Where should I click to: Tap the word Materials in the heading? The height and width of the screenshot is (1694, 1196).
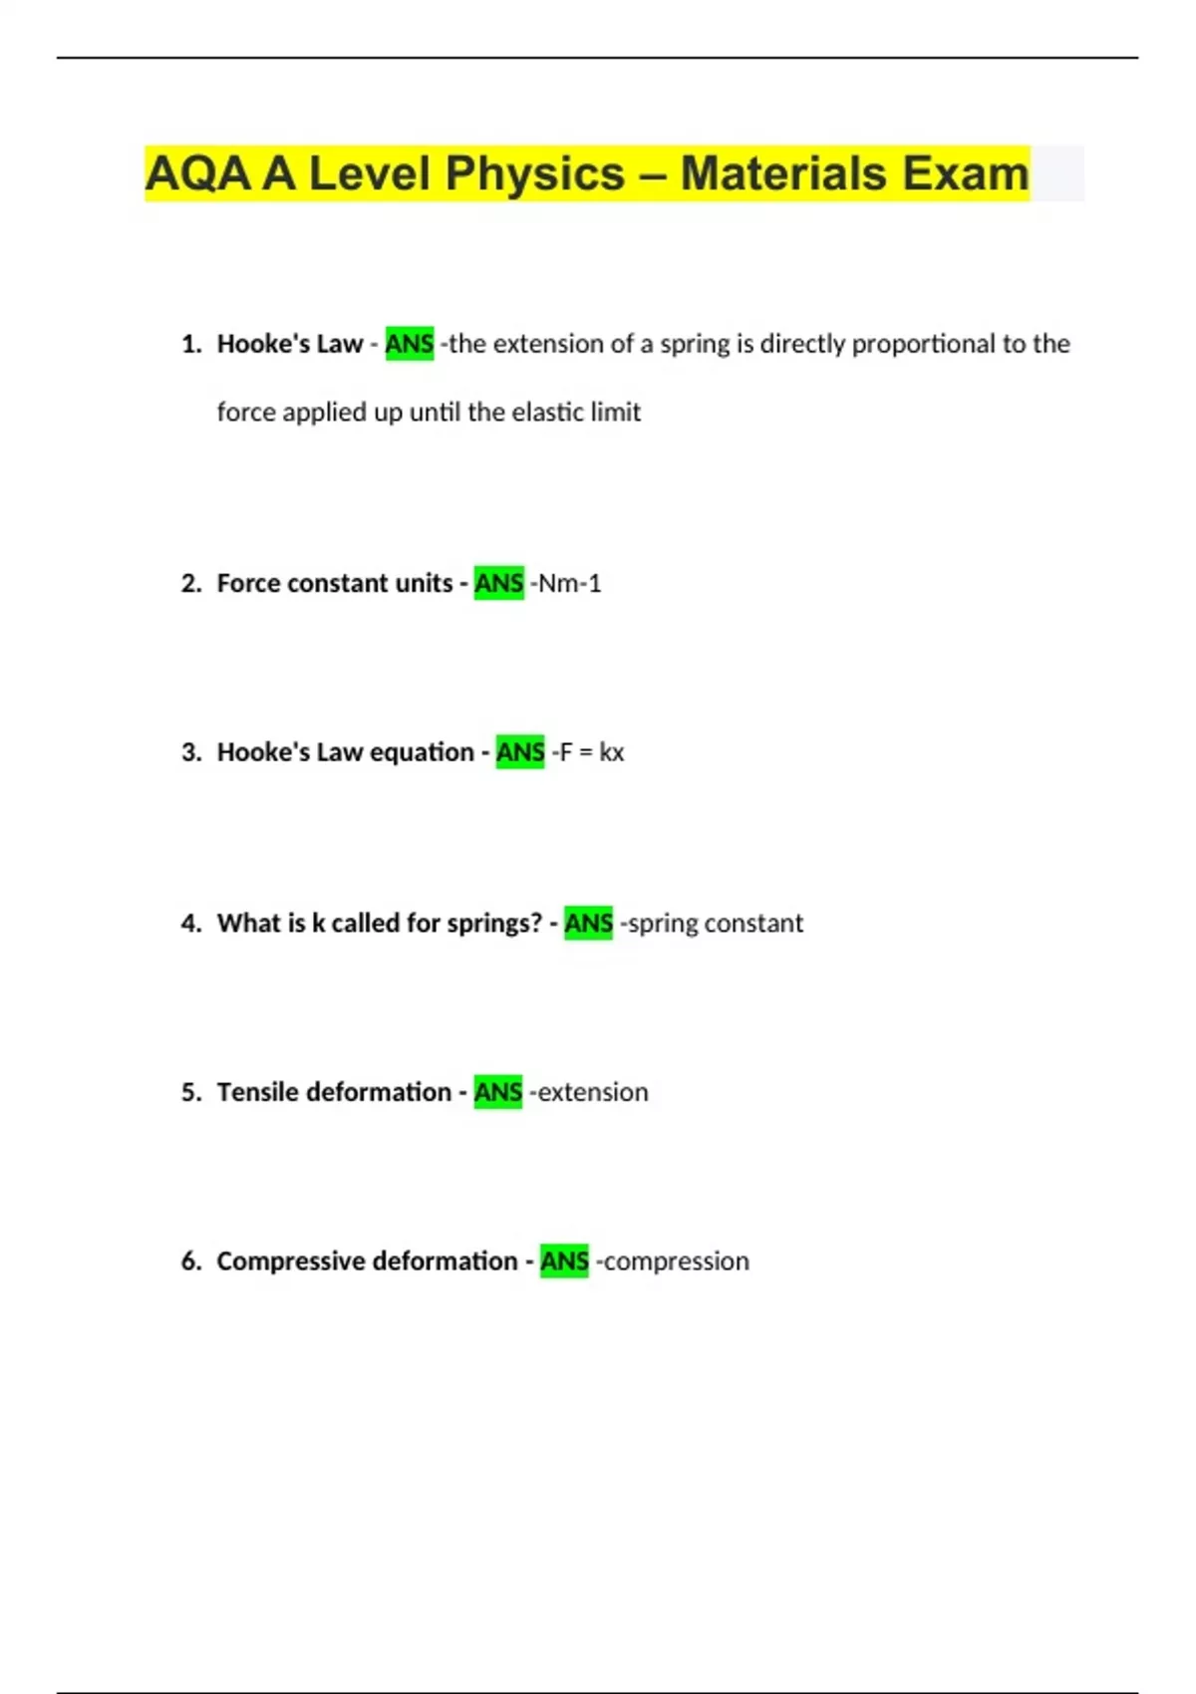(x=782, y=173)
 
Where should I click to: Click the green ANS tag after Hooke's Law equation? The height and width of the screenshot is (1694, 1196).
(x=520, y=752)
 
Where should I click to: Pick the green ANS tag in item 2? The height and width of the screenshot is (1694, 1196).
(x=498, y=583)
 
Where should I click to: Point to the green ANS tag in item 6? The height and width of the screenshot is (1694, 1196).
(x=564, y=1262)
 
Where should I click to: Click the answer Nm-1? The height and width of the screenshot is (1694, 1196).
(x=569, y=583)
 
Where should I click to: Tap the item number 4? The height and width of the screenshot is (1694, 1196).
(x=190, y=924)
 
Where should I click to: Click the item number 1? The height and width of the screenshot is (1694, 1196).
(x=190, y=345)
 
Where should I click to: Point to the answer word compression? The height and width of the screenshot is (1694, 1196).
(x=676, y=1262)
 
